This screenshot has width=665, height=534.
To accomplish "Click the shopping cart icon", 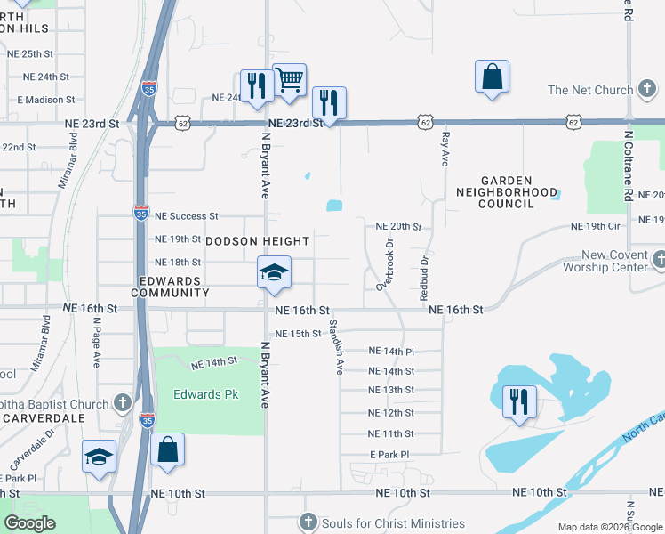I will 290,80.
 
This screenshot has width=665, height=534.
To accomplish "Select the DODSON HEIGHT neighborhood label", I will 258,241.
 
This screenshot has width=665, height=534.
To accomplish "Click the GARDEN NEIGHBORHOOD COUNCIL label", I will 507,191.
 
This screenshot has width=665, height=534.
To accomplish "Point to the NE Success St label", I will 186,216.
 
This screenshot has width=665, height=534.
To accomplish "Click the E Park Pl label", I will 389,455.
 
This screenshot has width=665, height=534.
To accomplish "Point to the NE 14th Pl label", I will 391,352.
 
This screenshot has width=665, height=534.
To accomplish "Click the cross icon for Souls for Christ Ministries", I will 308,522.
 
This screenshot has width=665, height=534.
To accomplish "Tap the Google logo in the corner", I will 29,523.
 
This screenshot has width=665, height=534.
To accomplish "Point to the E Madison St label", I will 43,100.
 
